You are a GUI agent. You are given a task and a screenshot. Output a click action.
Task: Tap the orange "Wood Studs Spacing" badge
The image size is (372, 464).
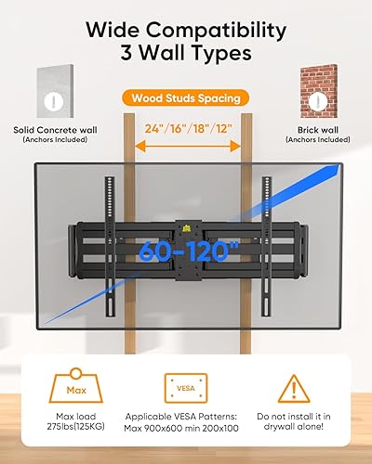pyautogui.click(x=186, y=97)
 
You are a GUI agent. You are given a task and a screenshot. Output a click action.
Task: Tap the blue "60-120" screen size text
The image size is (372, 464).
pyautogui.click(x=186, y=251)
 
